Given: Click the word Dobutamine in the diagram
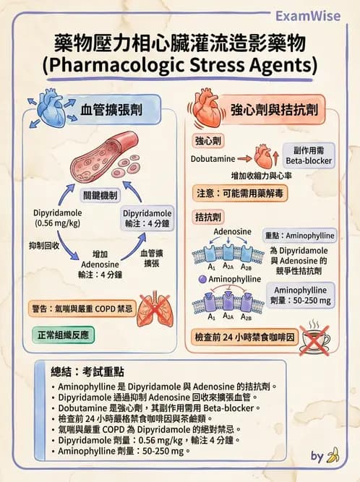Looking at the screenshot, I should coord(213,158).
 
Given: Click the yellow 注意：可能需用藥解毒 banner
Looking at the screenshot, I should coord(243,194).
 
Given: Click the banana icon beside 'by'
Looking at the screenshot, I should coord(333,456).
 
